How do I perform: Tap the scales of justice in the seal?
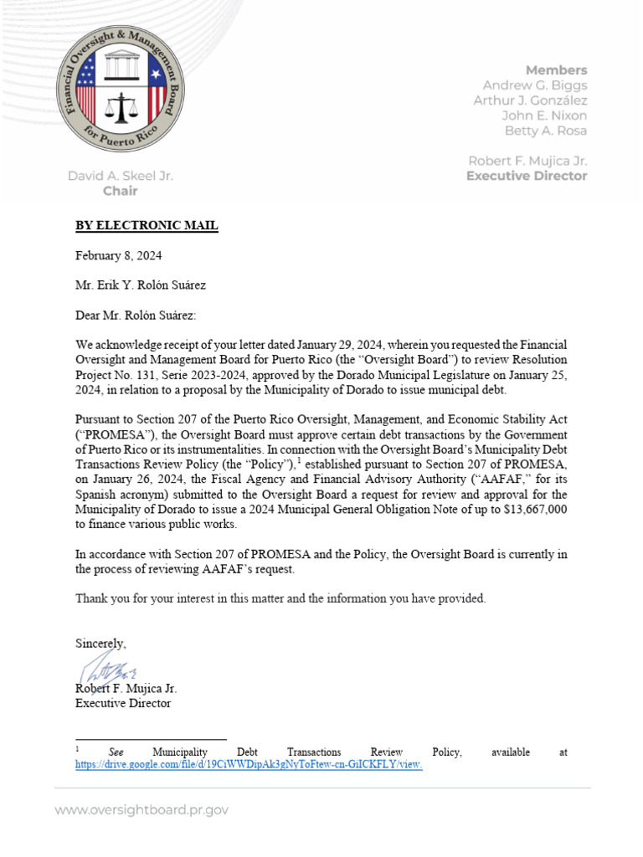click(x=121, y=108)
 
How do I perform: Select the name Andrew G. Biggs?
click(x=534, y=85)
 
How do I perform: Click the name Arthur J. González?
click(x=530, y=100)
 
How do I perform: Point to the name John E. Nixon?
click(x=544, y=115)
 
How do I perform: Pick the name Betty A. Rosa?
click(x=545, y=131)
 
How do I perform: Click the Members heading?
click(x=556, y=70)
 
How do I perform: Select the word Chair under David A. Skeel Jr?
click(x=120, y=191)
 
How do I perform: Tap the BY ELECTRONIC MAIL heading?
click(x=147, y=226)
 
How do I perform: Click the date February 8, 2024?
click(x=119, y=255)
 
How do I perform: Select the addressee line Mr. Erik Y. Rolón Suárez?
click(x=141, y=285)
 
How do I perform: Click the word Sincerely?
click(x=101, y=644)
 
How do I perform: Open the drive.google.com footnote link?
click(x=249, y=765)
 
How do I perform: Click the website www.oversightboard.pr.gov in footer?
click(x=141, y=810)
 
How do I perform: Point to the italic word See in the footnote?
click(x=116, y=752)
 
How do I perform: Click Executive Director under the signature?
click(x=123, y=704)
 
